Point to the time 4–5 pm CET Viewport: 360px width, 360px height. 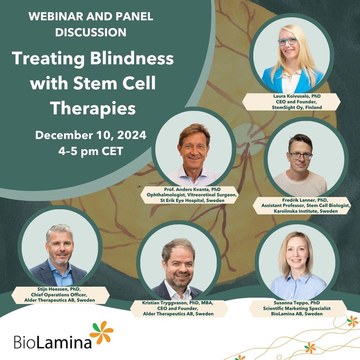click(x=91, y=151)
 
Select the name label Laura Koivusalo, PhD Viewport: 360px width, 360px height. click(x=291, y=96)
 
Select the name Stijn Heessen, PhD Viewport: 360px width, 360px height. click(x=60, y=289)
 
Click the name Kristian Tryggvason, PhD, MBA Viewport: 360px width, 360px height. click(x=178, y=303)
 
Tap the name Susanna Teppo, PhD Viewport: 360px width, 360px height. click(x=300, y=303)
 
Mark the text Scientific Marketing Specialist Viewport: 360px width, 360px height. click(x=300, y=309)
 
